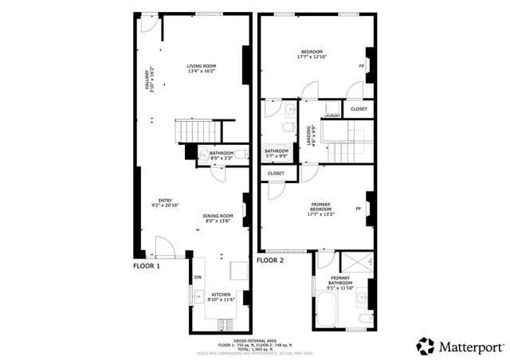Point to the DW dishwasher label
pyautogui.click(x=198, y=277)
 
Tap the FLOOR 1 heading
pyautogui.click(x=147, y=265)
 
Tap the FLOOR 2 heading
pyautogui.click(x=271, y=260)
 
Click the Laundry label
pyautogui.click(x=331, y=115)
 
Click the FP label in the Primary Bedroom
pyautogui.click(x=359, y=209)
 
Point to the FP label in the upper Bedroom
pyautogui.click(x=362, y=65)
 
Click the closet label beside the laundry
pyautogui.click(x=359, y=109)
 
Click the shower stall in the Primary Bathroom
pyautogui.click(x=355, y=262)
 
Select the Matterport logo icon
pyautogui.click(x=426, y=346)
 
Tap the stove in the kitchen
pyautogui.click(x=222, y=323)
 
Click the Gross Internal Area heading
pyautogui.click(x=255, y=340)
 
